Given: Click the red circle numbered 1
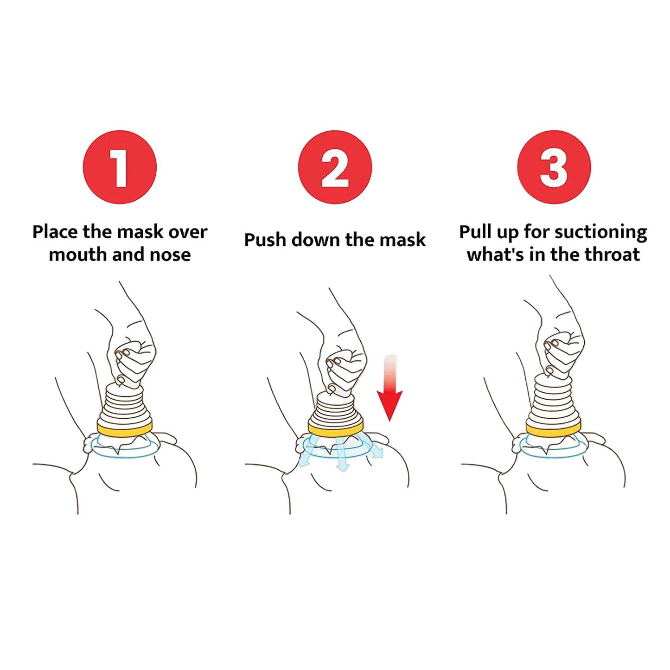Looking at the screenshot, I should click(120, 167).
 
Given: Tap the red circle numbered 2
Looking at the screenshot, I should click(335, 167).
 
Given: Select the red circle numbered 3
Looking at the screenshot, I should click(554, 167).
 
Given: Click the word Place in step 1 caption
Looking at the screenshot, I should click(55, 231).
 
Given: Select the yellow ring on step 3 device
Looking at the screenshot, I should click(553, 429).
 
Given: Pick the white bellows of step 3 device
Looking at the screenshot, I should click(553, 399).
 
